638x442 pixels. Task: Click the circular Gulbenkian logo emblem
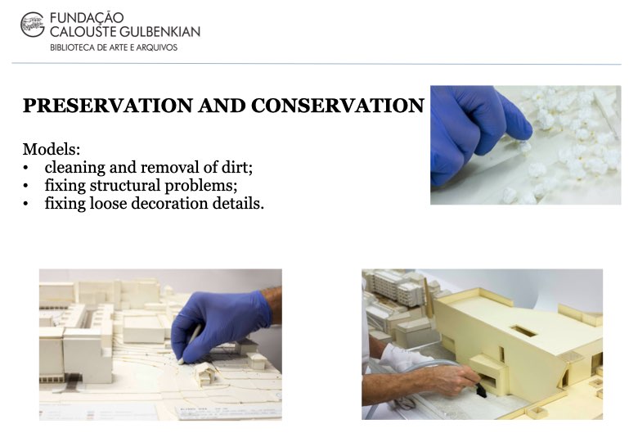click(x=32, y=25)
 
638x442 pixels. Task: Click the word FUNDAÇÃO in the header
click(x=87, y=18)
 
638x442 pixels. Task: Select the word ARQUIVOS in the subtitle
click(x=157, y=47)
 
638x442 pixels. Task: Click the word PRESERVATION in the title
click(x=108, y=106)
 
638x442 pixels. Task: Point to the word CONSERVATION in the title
click(x=338, y=106)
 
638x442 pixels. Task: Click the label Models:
click(x=52, y=149)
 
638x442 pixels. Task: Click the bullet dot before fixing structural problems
click(x=26, y=186)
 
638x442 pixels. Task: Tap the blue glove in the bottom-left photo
click(x=222, y=323)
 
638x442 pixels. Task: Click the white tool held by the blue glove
click(x=191, y=341)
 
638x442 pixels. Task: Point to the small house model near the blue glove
click(x=207, y=373)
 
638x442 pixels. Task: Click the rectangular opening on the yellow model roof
click(x=523, y=331)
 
